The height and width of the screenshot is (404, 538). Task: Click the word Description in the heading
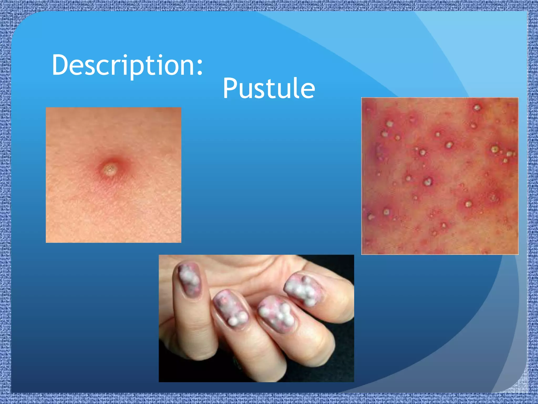(123, 65)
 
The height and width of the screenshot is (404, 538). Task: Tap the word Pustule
(268, 88)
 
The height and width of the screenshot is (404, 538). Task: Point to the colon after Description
(200, 67)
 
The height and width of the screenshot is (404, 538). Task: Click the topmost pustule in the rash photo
(477, 108)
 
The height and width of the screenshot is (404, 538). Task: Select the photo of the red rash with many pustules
(440, 176)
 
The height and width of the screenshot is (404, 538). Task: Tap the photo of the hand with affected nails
(256, 318)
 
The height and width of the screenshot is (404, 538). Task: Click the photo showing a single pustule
(113, 175)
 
